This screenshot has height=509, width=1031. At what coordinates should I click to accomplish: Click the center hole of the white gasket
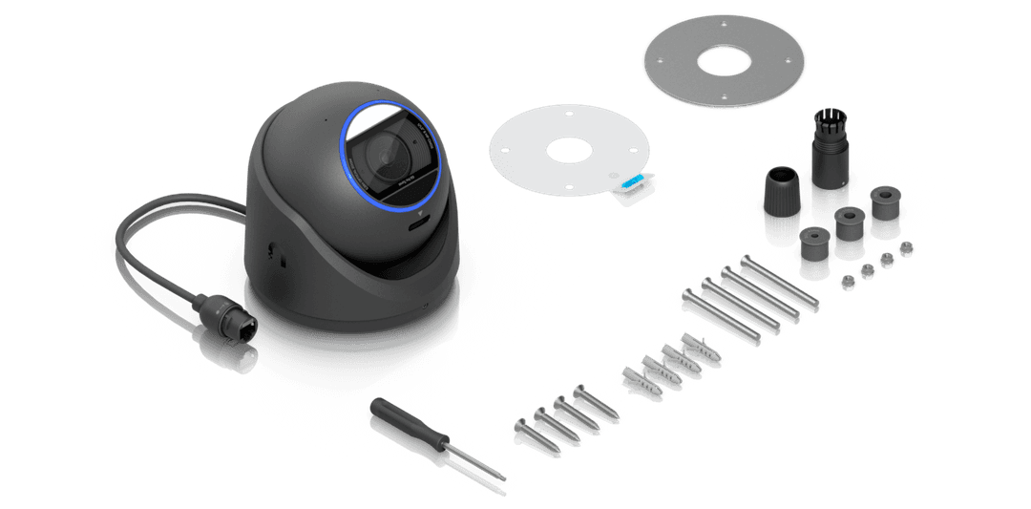568,152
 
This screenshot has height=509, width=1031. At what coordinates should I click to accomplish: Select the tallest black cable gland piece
827,162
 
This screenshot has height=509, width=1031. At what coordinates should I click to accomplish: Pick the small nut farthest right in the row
904,249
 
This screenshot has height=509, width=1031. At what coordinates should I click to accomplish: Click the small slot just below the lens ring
418,226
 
